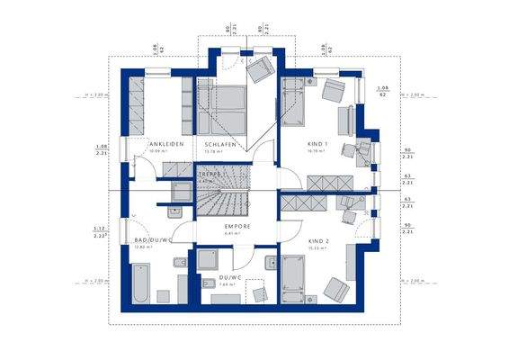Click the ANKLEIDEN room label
166,144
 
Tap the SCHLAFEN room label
220,144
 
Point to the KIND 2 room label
318,242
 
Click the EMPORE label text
237,227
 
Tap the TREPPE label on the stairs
210,174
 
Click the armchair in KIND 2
337,290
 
